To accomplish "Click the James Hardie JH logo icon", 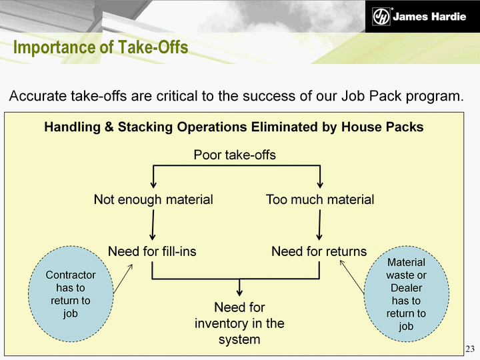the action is pos(381,16).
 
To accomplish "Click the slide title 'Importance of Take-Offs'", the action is pos(101,47).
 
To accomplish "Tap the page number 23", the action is pos(470,349).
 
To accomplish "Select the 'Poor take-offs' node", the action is pos(235,155).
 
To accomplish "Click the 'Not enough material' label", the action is pos(153,199).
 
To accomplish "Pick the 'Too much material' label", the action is pos(320,199).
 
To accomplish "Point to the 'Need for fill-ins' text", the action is pos(152,251).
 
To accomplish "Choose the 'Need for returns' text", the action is pos(319,251).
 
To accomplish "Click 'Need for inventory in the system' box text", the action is pos(239,323).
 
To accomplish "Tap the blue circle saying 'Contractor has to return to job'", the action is pos(71,294).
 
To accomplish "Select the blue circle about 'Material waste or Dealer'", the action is pos(407,294).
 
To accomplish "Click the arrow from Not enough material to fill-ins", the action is pos(153,225).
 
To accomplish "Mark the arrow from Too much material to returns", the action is pos(319,225).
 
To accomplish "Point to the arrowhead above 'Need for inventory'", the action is pos(240,292).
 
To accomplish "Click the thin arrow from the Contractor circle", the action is pos(123,279).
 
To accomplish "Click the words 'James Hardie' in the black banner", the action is pos(429,16).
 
